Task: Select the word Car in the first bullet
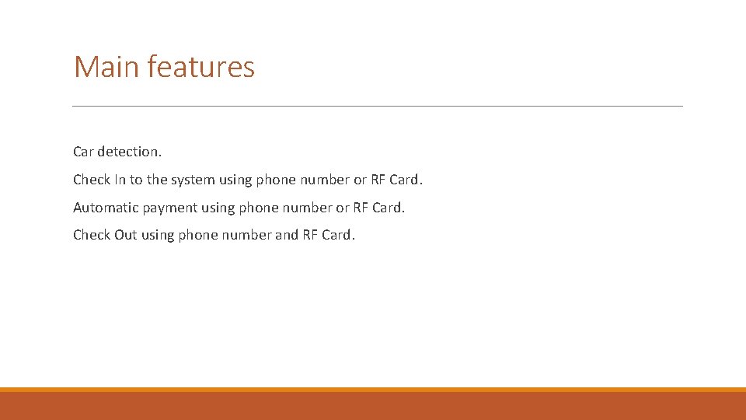tap(83, 152)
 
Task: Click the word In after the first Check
tap(120, 180)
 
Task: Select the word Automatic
tap(106, 208)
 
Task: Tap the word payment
tap(170, 208)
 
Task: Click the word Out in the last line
tap(126, 235)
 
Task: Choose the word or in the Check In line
tap(360, 180)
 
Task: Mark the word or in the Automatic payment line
tap(343, 208)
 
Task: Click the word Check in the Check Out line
tap(92, 235)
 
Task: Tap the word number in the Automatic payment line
tap(305, 208)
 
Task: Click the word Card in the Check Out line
tap(336, 235)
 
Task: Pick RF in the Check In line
tap(378, 180)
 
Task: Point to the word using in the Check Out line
tap(158, 235)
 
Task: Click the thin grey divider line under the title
tap(377, 106)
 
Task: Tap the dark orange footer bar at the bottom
tap(373, 406)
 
